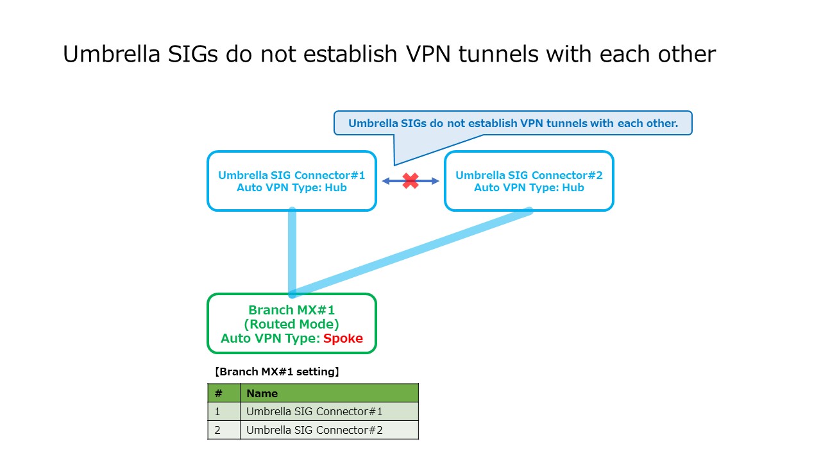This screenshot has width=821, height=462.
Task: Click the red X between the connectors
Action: coord(410,181)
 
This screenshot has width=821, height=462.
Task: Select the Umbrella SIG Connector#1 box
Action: coord(291,181)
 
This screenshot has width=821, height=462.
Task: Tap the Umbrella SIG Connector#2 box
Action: coord(529,181)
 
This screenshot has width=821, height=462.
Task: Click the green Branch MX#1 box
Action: coord(291,323)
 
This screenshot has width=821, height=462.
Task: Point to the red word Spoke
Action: coord(343,339)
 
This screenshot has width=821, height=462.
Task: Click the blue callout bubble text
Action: coord(512,123)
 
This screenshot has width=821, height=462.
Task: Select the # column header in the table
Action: coord(218,393)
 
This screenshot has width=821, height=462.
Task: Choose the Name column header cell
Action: coord(328,393)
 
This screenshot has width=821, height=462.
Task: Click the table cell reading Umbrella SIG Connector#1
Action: coord(328,411)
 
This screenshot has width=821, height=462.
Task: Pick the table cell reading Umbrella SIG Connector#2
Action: coord(328,430)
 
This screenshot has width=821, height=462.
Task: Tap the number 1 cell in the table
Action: coord(218,411)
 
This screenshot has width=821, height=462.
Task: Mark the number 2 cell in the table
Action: coord(218,430)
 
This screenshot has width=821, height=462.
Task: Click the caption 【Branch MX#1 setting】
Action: coord(276,372)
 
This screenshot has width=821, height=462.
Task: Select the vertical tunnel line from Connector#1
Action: coord(292,250)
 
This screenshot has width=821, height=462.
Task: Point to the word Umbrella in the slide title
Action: coord(111,55)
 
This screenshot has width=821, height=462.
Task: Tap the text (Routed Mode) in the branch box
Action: coord(291,324)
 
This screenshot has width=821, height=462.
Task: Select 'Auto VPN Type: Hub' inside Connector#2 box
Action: coord(529,187)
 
